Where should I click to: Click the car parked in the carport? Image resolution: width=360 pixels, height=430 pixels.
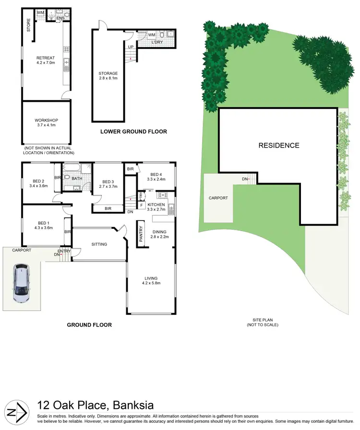tap(21, 283)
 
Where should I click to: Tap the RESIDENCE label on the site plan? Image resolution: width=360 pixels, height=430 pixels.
tap(278, 146)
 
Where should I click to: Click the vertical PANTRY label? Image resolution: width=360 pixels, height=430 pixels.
tap(142, 234)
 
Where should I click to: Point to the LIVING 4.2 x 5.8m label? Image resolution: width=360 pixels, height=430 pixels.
tap(151, 281)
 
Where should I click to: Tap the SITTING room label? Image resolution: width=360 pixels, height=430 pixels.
tap(99, 245)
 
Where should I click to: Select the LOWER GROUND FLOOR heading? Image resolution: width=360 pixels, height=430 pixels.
tap(133, 131)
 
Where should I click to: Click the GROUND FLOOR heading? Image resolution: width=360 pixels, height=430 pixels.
tap(89, 325)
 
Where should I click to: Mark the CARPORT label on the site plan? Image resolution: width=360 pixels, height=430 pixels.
tap(218, 198)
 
